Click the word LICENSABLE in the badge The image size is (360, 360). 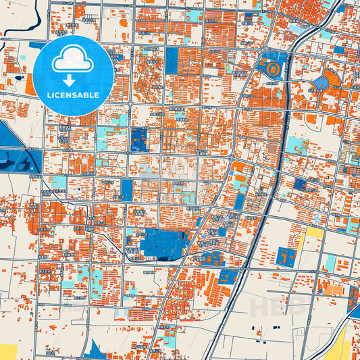tap(74, 95)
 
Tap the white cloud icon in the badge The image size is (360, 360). tap(74, 61)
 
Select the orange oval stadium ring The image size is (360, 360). tap(273, 69)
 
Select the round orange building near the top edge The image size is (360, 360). tap(124, 22)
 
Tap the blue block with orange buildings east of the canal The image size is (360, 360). tap(286, 256)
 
